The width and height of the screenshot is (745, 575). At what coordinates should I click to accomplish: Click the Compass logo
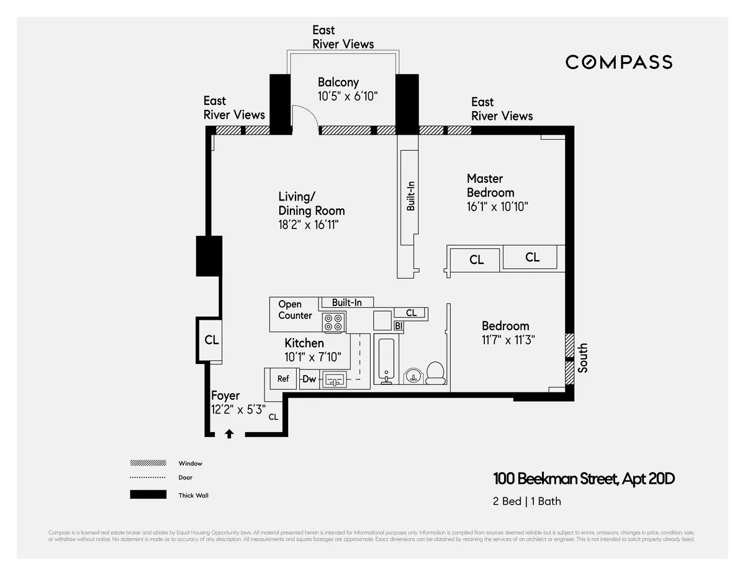coord(618,62)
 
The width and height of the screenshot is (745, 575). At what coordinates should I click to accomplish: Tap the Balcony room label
coord(338,82)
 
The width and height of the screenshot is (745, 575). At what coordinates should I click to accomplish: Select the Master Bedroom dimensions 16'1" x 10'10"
coord(497,207)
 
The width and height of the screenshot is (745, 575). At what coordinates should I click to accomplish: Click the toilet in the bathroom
coord(435,373)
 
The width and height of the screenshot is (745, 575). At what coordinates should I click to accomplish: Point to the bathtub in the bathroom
coord(386,360)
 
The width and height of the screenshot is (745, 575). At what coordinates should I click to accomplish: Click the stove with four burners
coord(333,322)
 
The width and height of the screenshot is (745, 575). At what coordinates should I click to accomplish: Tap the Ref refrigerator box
coord(282,379)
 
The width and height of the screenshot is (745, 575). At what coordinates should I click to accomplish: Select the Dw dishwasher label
coord(309,379)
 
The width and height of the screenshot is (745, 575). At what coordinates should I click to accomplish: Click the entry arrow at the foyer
coord(229,434)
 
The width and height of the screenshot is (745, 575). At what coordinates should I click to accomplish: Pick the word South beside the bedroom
coord(582,358)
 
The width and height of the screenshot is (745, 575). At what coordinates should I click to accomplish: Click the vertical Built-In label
coord(410,196)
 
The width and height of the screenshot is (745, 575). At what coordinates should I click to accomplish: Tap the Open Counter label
coord(295,310)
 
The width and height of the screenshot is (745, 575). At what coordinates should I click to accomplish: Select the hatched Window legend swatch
coord(148,463)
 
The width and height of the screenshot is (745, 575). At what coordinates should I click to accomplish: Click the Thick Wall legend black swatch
coord(148,495)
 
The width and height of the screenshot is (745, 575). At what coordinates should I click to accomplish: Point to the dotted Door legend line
coord(148,478)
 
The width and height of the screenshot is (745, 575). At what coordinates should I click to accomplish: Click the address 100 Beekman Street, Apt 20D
coord(584,479)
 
